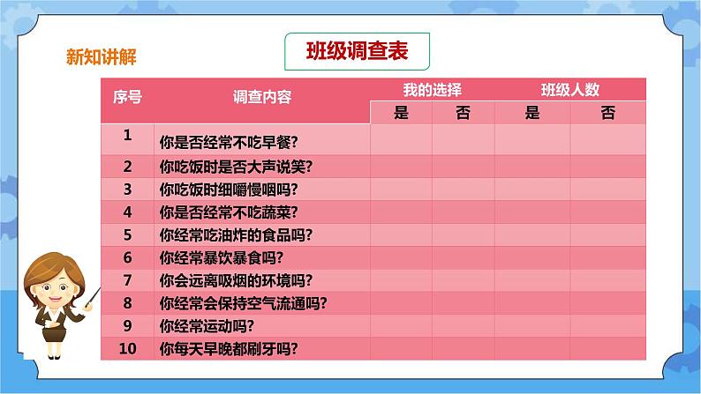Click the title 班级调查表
pos(356,52)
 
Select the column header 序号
pos(127,98)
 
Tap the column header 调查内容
pos(262,98)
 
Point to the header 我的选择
pos(433,89)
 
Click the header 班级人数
pos(570,89)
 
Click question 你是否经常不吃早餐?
pos(227,141)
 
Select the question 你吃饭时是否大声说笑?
pos(236,166)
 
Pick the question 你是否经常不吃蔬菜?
pos(227,212)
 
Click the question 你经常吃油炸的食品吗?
pos(236,234)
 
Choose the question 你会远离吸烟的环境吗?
pos(236,280)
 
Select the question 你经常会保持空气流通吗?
pos(243,303)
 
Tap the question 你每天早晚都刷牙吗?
pos(227,349)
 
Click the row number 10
pos(127,348)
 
